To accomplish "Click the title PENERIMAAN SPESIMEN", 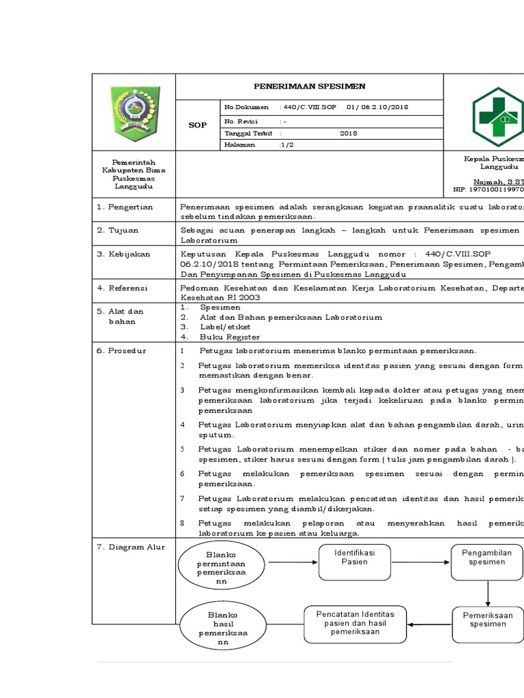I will tap(310, 87).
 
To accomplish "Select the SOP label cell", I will tap(197, 125).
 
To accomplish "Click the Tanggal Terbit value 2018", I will tap(349, 133).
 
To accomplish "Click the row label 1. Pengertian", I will tap(125, 207).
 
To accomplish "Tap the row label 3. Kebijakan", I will tap(124, 254).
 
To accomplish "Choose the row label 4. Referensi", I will tap(125, 288).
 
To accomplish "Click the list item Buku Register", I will tap(229, 337).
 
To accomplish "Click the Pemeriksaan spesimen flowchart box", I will tap(487, 620).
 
